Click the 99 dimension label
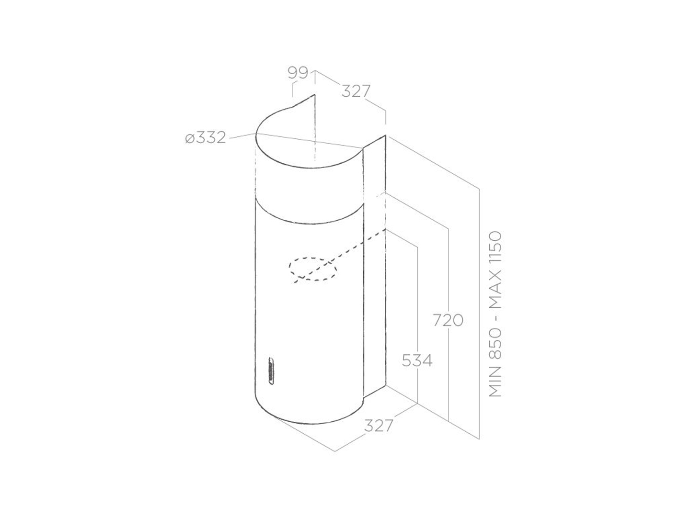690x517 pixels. click(x=298, y=73)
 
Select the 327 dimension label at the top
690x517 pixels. click(x=356, y=91)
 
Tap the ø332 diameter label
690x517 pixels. click(x=206, y=138)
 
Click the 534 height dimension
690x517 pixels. click(x=417, y=360)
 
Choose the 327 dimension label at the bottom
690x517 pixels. click(x=379, y=426)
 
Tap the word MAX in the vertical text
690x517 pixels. click(x=495, y=288)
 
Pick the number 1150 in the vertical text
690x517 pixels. click(x=495, y=248)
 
